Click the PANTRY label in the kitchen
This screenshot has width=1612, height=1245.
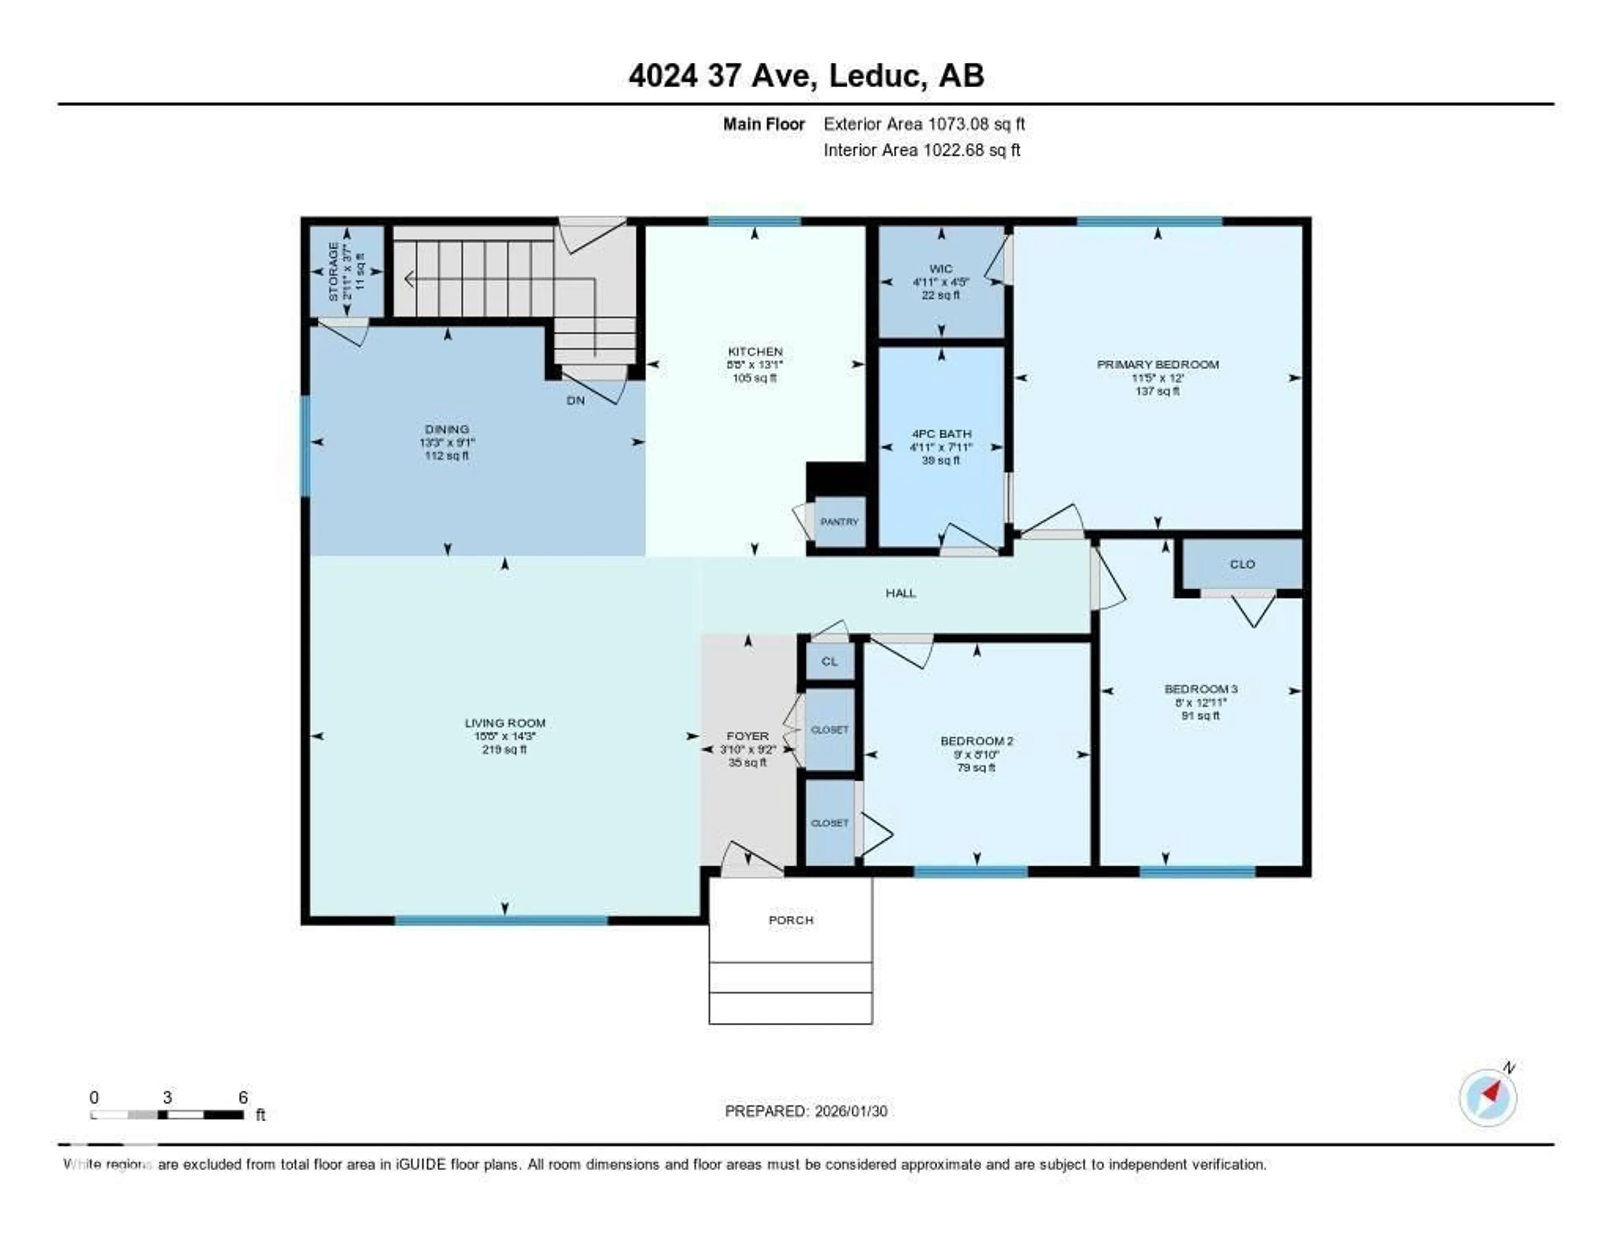pos(839,522)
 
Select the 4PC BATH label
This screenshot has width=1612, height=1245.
pos(941,434)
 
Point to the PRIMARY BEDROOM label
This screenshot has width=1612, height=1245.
pos(1157,365)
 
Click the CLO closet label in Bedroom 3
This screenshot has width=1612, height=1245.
pos(1242,564)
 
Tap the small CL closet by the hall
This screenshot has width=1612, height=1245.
pos(830,661)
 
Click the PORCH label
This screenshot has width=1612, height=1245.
pos(790,920)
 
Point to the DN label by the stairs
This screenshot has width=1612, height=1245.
pos(575,401)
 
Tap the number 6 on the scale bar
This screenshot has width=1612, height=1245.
pos(243,1097)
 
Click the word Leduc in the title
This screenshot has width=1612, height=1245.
pos(875,76)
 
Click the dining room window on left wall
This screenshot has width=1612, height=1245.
pos(305,446)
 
